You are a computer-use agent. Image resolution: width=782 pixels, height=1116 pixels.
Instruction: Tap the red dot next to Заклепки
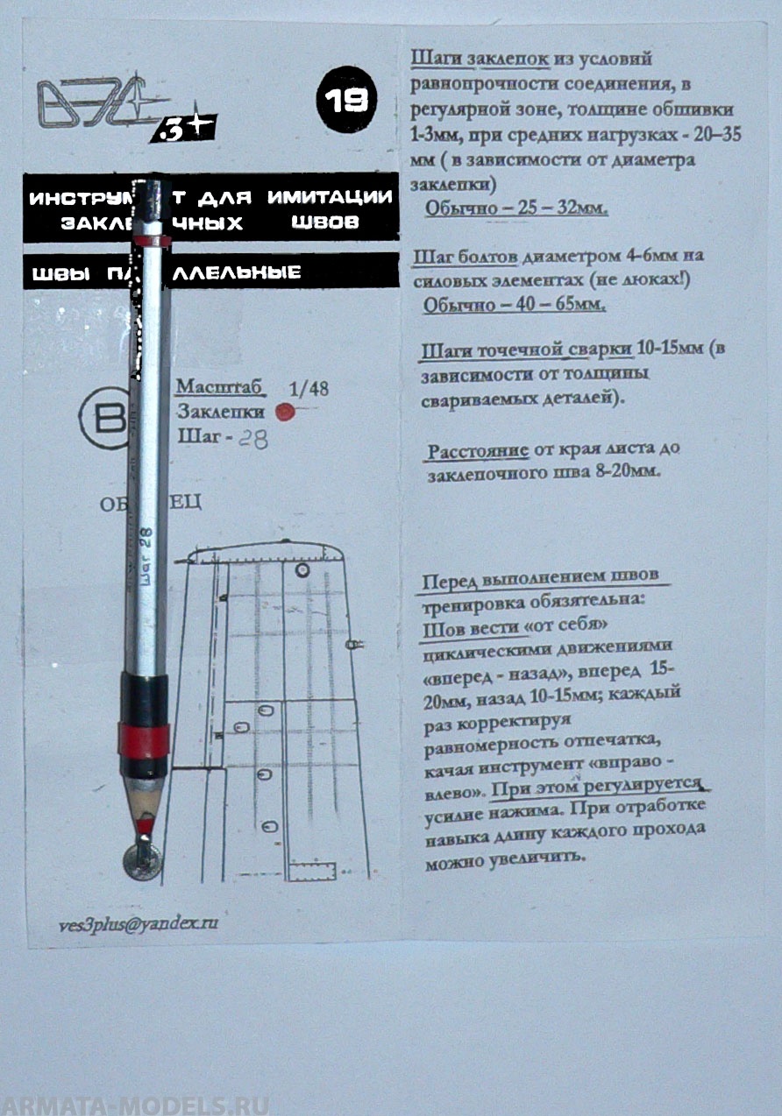coord(283,411)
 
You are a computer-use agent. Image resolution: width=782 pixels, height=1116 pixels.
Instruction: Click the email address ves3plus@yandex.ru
coord(138,924)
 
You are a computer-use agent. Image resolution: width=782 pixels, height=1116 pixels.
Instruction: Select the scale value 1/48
coord(309,389)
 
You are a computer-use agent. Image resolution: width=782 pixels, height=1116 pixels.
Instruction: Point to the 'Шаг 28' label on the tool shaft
coord(146,557)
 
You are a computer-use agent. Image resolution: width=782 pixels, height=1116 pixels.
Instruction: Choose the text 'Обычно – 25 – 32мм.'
coord(515,209)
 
